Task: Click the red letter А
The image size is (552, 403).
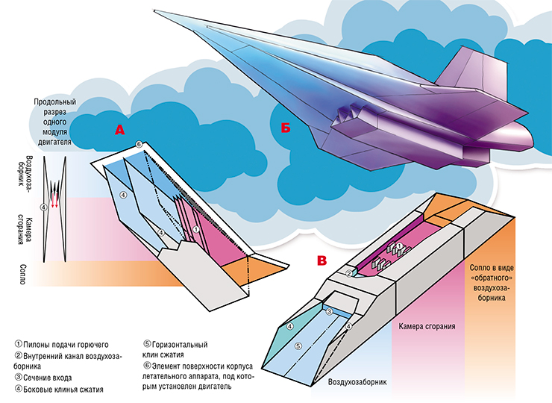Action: tap(119, 131)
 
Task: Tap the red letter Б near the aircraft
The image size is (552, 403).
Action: tap(286, 128)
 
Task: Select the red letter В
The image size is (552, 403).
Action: tap(322, 260)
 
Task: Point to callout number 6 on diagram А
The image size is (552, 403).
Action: tap(139, 144)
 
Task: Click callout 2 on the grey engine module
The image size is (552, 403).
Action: tap(348, 273)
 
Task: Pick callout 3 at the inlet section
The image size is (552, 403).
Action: tap(329, 311)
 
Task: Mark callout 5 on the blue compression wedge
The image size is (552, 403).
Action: tap(298, 346)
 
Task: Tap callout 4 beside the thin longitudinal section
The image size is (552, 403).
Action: tap(43, 207)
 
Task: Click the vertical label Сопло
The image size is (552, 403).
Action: tap(22, 275)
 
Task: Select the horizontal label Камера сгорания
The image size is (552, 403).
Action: tap(427, 326)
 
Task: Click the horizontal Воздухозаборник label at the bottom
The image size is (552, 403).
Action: tap(357, 382)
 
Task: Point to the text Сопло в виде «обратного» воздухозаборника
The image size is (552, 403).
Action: tap(492, 283)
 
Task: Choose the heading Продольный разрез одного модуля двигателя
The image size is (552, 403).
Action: tap(54, 122)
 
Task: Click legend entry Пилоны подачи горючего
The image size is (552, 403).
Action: tap(62, 345)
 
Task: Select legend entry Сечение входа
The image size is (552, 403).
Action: tap(43, 378)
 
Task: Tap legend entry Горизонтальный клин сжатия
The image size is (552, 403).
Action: tap(175, 349)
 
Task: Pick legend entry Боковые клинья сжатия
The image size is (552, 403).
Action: tap(59, 390)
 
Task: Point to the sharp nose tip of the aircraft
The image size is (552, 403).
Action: tap(155, 10)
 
